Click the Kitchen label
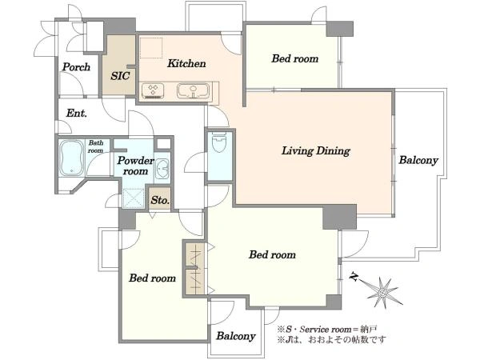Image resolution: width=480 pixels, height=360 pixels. pyautogui.click(x=186, y=64)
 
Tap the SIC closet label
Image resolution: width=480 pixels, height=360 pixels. pyautogui.click(x=120, y=76)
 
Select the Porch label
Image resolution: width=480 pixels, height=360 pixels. pyautogui.click(x=76, y=67)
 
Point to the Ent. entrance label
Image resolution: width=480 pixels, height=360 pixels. pyautogui.click(x=77, y=114)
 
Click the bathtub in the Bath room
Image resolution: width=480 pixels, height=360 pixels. pyautogui.click(x=72, y=158)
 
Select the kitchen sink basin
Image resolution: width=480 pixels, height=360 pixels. pyautogui.click(x=193, y=91)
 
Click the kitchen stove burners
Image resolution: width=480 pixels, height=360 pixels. pyautogui.click(x=153, y=91)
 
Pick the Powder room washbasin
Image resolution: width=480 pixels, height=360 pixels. pyautogui.click(x=162, y=169)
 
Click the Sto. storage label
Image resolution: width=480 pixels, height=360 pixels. pyautogui.click(x=160, y=201)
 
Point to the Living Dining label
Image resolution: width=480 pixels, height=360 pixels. pyautogui.click(x=316, y=151)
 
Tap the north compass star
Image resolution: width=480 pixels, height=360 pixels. pyautogui.click(x=382, y=292)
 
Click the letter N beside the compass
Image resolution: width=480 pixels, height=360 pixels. pyautogui.click(x=354, y=277)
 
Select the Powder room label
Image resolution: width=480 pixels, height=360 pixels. pyautogui.click(x=135, y=166)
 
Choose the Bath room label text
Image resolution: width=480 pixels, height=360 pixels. pyautogui.click(x=96, y=146)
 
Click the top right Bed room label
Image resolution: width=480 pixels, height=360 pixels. pyautogui.click(x=294, y=58)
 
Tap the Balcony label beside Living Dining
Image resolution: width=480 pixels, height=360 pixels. pyautogui.click(x=418, y=160)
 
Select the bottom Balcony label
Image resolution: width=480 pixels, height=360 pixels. pyautogui.click(x=236, y=336)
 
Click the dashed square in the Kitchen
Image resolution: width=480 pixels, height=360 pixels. pyautogui.click(x=151, y=48)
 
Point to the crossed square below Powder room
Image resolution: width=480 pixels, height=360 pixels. pyautogui.click(x=134, y=198)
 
